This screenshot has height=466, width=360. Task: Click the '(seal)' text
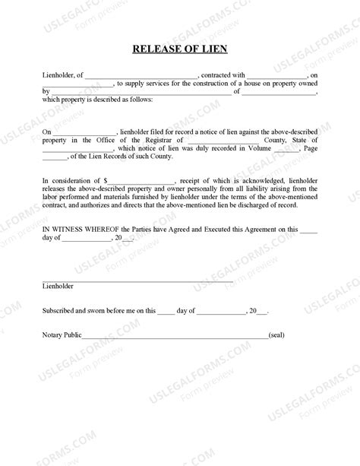coord(276,334)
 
